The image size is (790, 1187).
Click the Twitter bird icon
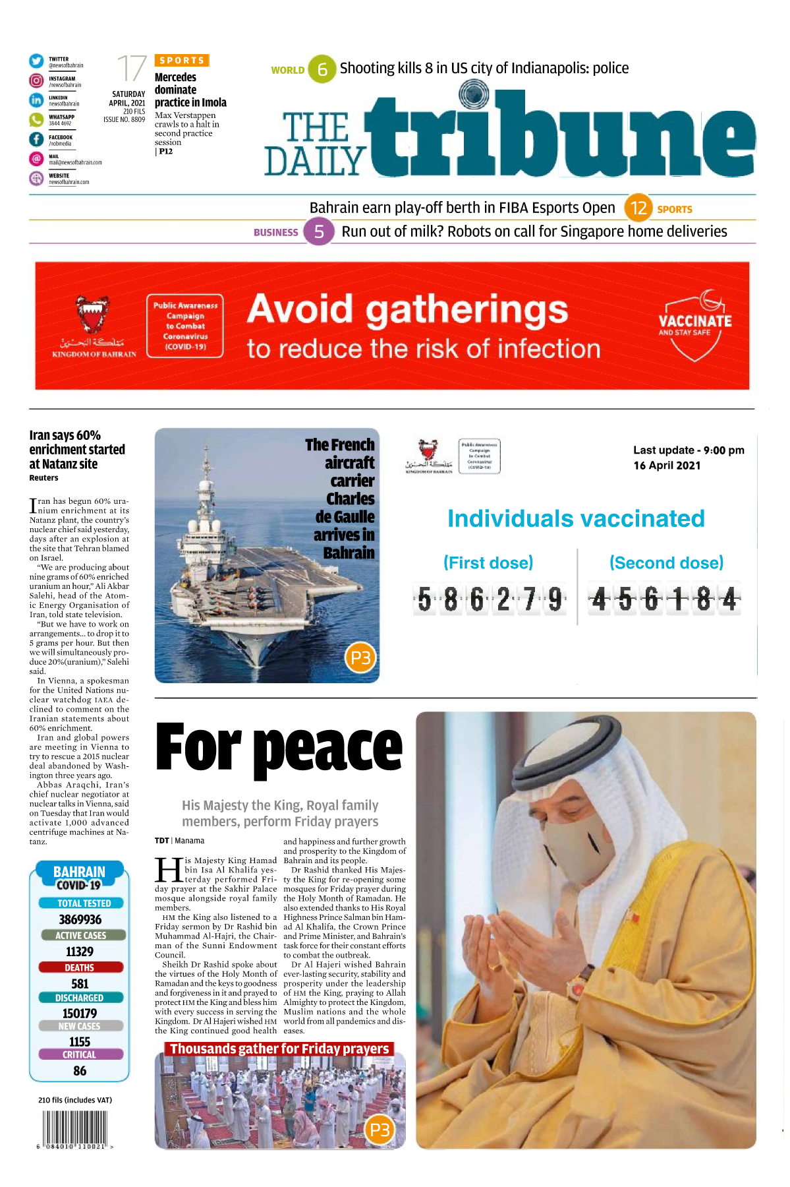(36, 61)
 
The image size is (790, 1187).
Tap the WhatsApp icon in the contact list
(36, 119)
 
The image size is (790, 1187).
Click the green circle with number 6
(322, 69)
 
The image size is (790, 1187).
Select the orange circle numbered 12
(638, 208)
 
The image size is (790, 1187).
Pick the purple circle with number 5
(319, 231)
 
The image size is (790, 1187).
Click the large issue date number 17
(131, 69)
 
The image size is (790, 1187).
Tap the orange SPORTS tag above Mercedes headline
(182, 61)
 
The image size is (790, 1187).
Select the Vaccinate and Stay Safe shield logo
(695, 326)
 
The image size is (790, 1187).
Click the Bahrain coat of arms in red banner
(93, 314)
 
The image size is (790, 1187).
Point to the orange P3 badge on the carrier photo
(360, 657)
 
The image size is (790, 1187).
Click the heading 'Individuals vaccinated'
(576, 519)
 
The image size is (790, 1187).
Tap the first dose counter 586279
(490, 599)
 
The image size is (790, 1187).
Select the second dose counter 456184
(664, 599)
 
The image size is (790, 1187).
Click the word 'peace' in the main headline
(327, 749)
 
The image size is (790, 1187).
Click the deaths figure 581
(80, 983)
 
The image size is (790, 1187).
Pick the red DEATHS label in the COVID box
(80, 967)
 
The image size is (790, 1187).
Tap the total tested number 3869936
(80, 919)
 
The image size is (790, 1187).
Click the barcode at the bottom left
(74, 1128)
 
